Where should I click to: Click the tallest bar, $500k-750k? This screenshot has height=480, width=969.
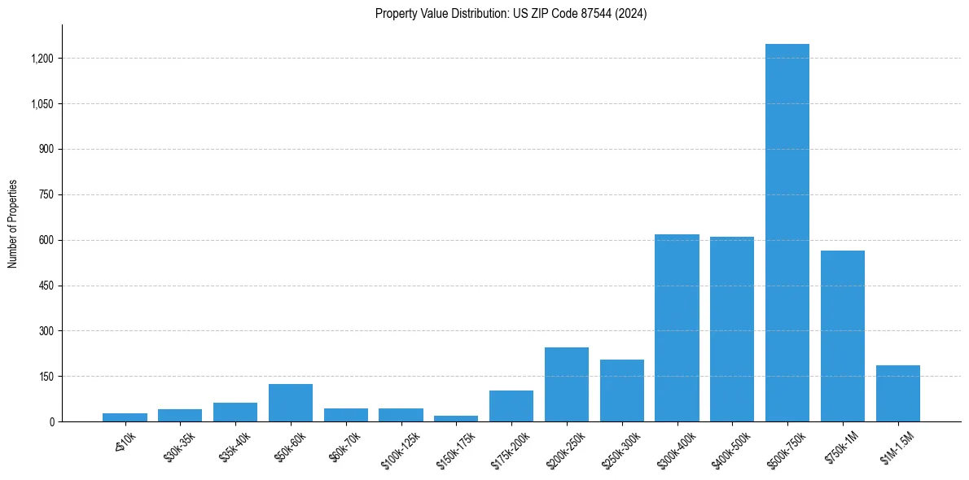click(x=787, y=233)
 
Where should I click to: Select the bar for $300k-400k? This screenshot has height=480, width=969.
click(x=677, y=328)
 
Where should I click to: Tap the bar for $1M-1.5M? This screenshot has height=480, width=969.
click(x=898, y=394)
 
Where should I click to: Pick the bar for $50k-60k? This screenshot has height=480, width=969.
click(x=291, y=403)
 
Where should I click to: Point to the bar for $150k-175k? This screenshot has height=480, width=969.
click(x=456, y=418)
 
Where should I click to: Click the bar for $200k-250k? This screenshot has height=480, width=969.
click(x=567, y=385)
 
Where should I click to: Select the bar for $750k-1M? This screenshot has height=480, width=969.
click(x=843, y=336)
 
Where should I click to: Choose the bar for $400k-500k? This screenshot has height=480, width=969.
click(x=732, y=329)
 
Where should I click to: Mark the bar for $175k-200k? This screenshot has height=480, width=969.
click(x=511, y=406)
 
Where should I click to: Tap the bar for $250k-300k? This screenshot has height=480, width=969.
click(x=622, y=391)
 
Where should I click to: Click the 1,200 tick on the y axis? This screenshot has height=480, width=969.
click(x=42, y=59)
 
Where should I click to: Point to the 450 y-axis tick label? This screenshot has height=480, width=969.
click(x=46, y=286)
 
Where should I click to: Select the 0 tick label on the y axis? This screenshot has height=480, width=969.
click(x=51, y=422)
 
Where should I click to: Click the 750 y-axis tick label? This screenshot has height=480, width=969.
click(x=46, y=195)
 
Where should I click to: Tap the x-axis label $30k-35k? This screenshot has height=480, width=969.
click(x=180, y=447)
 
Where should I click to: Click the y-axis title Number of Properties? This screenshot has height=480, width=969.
click(x=13, y=223)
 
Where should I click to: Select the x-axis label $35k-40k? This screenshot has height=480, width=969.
click(x=235, y=447)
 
